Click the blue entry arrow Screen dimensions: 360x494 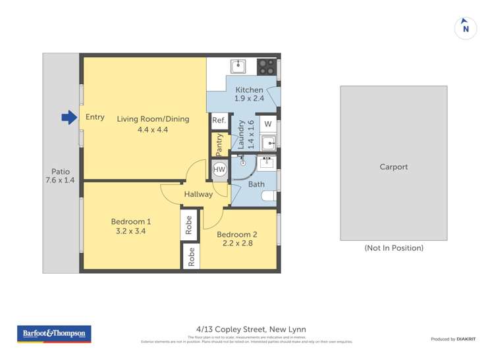(x=69, y=118)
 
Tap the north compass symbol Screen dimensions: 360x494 (x=466, y=28)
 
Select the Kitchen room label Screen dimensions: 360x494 (x=249, y=90)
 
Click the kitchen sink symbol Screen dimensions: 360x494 (x=238, y=66)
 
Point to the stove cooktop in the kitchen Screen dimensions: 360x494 (x=266, y=66)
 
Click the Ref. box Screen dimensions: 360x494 (x=219, y=120)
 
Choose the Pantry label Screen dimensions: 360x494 (x=220, y=145)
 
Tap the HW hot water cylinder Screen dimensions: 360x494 (x=219, y=169)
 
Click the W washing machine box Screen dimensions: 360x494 (x=267, y=122)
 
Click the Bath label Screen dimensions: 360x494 (x=256, y=184)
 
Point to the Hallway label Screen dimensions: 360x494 (x=198, y=194)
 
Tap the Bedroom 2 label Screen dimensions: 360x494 (x=237, y=234)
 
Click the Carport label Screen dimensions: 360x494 (x=393, y=167)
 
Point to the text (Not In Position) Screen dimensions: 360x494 (x=394, y=248)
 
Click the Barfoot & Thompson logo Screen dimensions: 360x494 (x=54, y=334)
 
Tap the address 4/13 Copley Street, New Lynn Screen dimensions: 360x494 (x=250, y=329)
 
